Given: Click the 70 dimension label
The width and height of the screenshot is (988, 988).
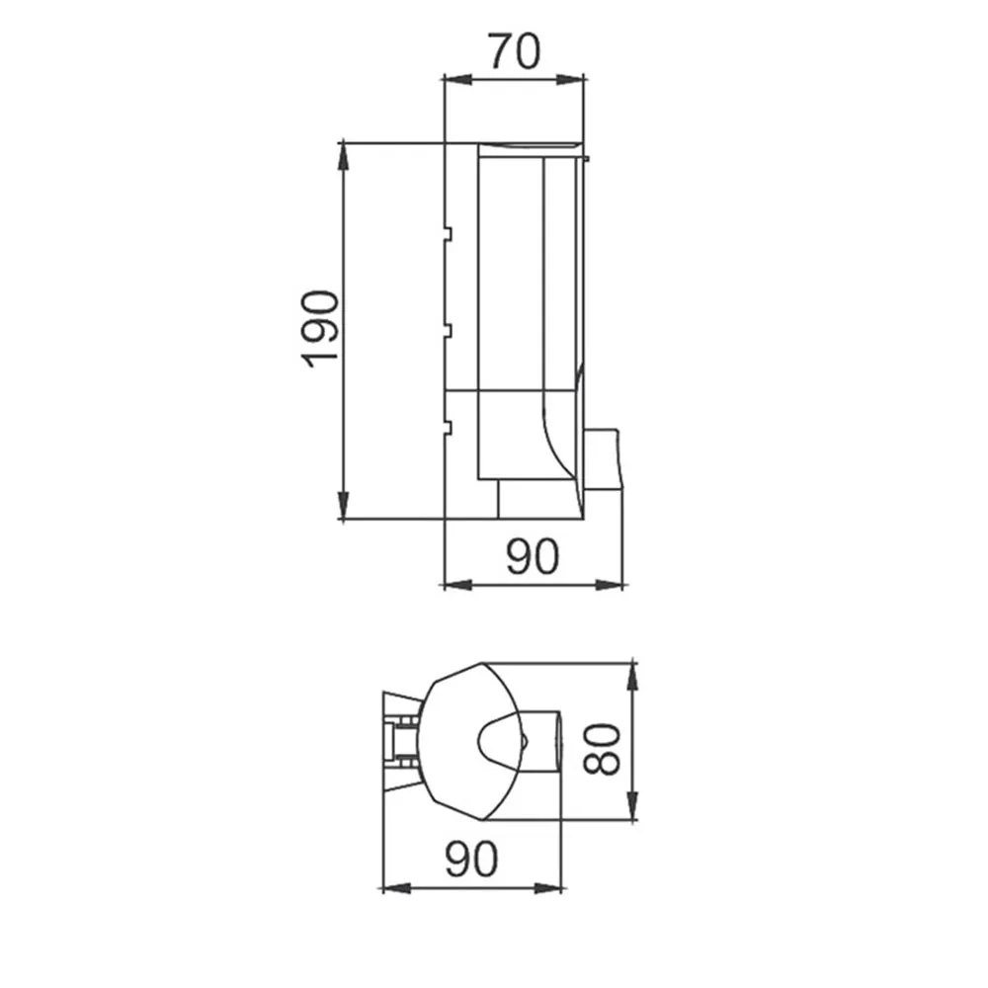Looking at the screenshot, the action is coord(514,51).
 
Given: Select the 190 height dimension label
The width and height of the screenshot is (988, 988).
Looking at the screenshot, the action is coord(320,329).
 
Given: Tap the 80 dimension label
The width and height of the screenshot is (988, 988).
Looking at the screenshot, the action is coord(602,749).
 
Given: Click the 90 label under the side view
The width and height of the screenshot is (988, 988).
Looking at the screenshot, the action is coord(533,556).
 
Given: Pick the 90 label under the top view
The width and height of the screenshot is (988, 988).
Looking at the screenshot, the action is coord(471,859).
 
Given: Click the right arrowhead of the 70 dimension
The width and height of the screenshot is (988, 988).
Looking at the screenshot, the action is coord(570,79).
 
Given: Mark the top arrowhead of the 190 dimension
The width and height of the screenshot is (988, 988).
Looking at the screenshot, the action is coord(343,156).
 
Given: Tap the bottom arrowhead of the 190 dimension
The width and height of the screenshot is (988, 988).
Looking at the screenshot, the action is coord(343,506).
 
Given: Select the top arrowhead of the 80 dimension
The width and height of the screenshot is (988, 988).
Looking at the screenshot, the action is coord(633,677).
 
